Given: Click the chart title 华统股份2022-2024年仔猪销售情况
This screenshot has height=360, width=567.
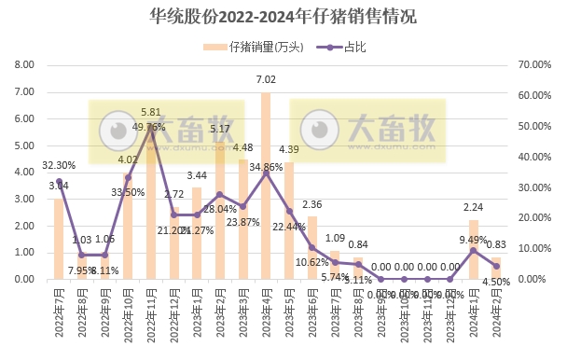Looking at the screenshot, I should coord(283,17).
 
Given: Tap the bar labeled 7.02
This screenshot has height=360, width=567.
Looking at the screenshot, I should coord(266,186).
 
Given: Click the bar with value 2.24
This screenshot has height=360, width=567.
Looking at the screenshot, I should coord(473,249).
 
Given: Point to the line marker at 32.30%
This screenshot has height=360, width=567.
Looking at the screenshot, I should coord(59,180).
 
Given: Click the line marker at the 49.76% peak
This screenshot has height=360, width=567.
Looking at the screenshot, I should coord(151,127).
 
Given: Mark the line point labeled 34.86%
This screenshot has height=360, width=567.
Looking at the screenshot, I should coord(266,173).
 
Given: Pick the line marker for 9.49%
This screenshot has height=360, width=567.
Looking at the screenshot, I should coord(473,250).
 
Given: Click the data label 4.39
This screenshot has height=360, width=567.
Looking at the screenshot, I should coord(289,150).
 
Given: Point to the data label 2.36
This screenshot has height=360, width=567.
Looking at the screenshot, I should coord(312,204).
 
